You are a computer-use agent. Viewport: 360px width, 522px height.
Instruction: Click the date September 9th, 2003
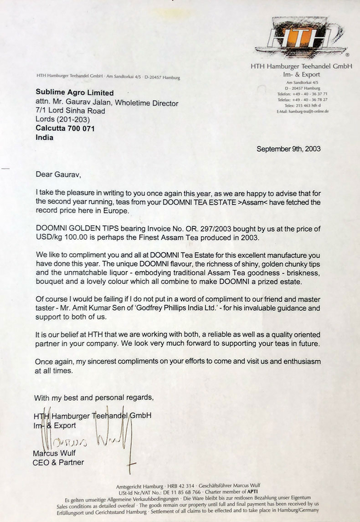point(288,148)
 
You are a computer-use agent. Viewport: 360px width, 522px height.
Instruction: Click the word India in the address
point(44,138)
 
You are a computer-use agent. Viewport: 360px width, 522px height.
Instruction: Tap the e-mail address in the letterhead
point(303,111)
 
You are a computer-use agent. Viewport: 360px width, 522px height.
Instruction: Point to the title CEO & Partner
point(58,463)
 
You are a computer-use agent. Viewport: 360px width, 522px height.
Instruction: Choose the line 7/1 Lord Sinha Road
point(70,111)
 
